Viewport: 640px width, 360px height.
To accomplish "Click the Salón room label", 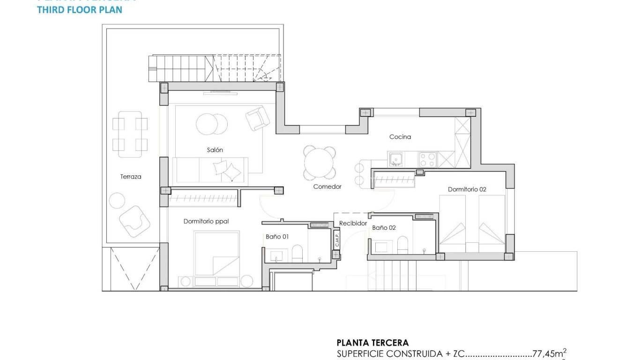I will point(215,150).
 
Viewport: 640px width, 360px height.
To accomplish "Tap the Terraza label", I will point(131,177).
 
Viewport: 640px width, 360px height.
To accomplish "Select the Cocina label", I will point(400,137).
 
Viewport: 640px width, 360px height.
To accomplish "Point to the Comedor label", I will point(327,187).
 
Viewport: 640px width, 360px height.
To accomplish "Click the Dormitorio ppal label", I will point(206,221).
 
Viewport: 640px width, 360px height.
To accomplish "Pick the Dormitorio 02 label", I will point(467,189).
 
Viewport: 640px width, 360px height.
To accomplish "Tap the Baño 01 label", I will point(277,237).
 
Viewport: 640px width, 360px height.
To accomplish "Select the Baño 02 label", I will point(384,227).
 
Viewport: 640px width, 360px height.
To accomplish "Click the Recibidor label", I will point(353,224).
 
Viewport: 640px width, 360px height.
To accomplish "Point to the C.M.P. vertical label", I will point(337,240).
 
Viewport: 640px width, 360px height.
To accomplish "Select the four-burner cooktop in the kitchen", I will point(427,159).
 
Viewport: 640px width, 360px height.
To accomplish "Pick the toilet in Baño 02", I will point(402,244).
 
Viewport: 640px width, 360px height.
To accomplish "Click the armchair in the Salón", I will point(257,119).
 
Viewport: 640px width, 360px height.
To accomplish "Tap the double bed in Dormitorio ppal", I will point(217,253).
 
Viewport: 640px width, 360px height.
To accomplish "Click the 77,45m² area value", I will point(550,354).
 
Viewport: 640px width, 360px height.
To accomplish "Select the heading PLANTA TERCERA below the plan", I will point(372,343).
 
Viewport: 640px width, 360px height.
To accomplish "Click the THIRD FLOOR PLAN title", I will point(80,10).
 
